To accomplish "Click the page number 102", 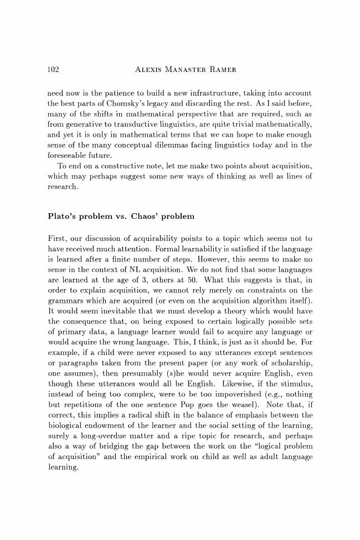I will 54,70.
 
